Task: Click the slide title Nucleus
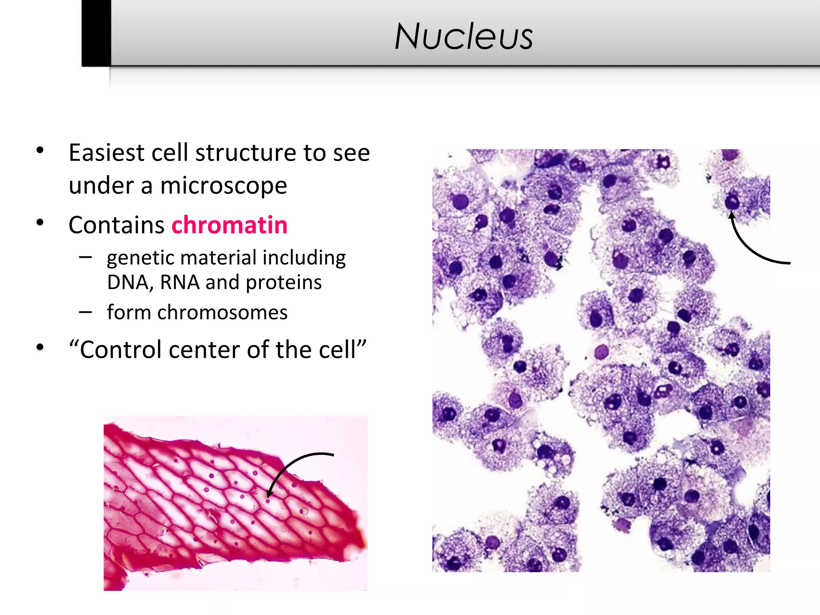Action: pos(464,37)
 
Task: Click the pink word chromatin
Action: pos(229,225)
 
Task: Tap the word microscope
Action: pos(223,186)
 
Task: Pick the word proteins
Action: pos(283,283)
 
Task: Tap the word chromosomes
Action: pos(222,313)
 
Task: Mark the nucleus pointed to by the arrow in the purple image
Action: pos(732,201)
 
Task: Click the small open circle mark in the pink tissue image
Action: pos(305,511)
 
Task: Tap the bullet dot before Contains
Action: pos(40,223)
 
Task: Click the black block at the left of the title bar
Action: pos(96,33)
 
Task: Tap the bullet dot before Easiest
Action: pos(40,151)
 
